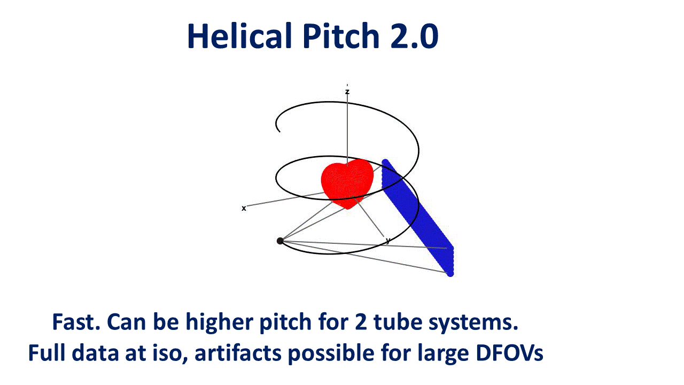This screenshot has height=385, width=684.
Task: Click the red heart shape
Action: pyautogui.click(x=346, y=182)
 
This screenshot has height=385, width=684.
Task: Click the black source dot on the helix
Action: pyautogui.click(x=280, y=241)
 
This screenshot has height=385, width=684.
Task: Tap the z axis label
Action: pyautogui.click(x=347, y=92)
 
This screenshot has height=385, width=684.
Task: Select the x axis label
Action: pyautogui.click(x=244, y=208)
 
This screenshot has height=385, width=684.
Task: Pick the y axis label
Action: pyautogui.click(x=388, y=241)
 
